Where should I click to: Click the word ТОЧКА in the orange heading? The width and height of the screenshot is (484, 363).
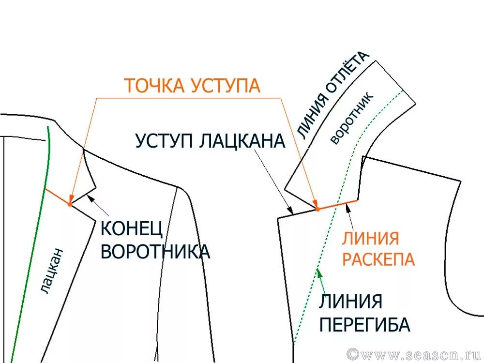click(154, 86)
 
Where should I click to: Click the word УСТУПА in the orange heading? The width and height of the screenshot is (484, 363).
click(226, 86)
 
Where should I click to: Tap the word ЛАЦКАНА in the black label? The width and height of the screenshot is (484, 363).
click(242, 141)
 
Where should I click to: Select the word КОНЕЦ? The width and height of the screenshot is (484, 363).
click(132, 229)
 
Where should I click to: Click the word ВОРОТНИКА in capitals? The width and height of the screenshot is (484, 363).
click(155, 252)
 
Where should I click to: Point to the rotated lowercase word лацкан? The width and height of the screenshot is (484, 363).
click(52, 271)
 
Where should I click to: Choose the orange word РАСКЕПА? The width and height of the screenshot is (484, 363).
click(378, 259)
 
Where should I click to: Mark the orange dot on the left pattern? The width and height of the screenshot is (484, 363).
click(70, 204)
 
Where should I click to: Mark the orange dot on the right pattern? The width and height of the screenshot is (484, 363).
click(318, 209)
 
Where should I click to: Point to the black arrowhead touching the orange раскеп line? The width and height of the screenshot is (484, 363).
click(348, 208)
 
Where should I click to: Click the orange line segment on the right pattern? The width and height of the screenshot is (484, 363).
click(337, 205)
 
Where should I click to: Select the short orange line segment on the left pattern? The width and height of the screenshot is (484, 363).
click(58, 197)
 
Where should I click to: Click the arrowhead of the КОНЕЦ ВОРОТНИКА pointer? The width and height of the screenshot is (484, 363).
click(90, 197)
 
